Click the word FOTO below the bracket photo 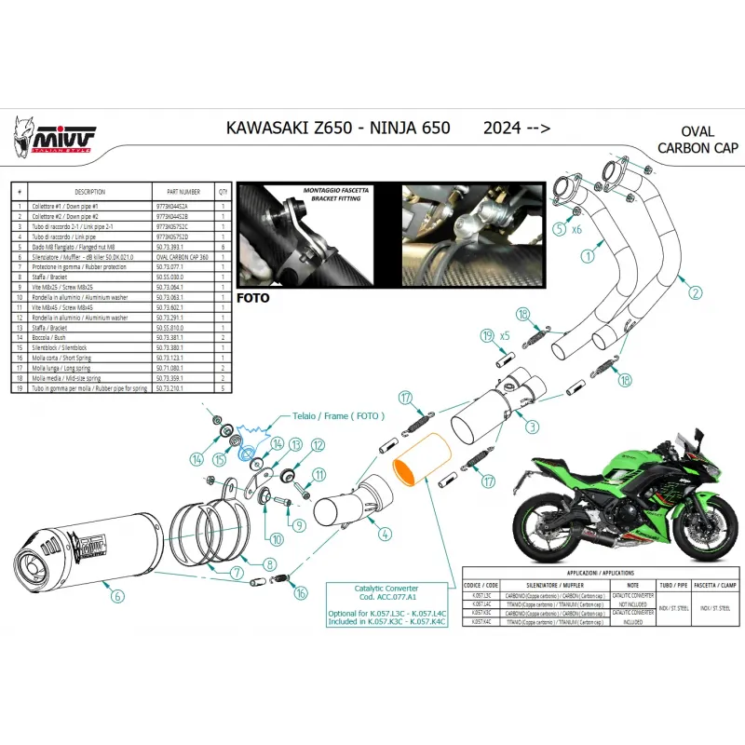pos(254,300)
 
